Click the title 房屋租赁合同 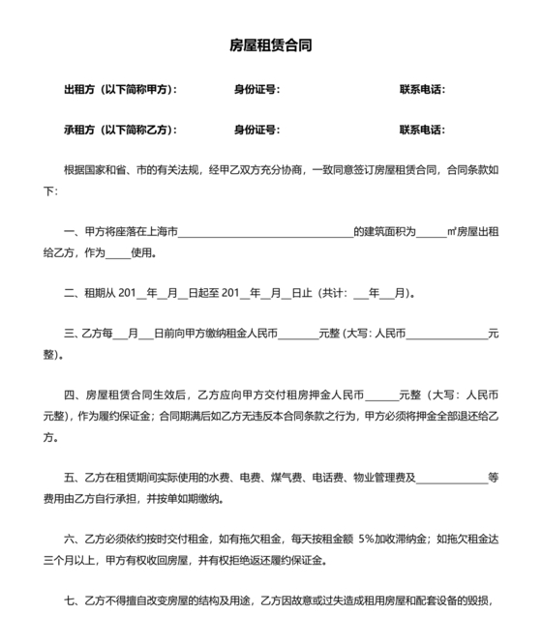pos(270,45)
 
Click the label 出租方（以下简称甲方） pos(120,90)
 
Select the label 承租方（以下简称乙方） pos(120,130)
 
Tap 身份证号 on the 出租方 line pos(256,90)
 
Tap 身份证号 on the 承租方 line pos(256,130)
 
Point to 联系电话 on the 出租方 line pos(421,90)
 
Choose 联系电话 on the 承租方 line pos(421,130)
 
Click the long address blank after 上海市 pos(265,233)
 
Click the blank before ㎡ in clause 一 pos(432,233)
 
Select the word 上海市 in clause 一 pos(163,232)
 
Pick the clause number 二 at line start pos(69,292)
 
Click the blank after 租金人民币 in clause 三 pos(298,334)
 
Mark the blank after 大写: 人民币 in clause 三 pos(445,334)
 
